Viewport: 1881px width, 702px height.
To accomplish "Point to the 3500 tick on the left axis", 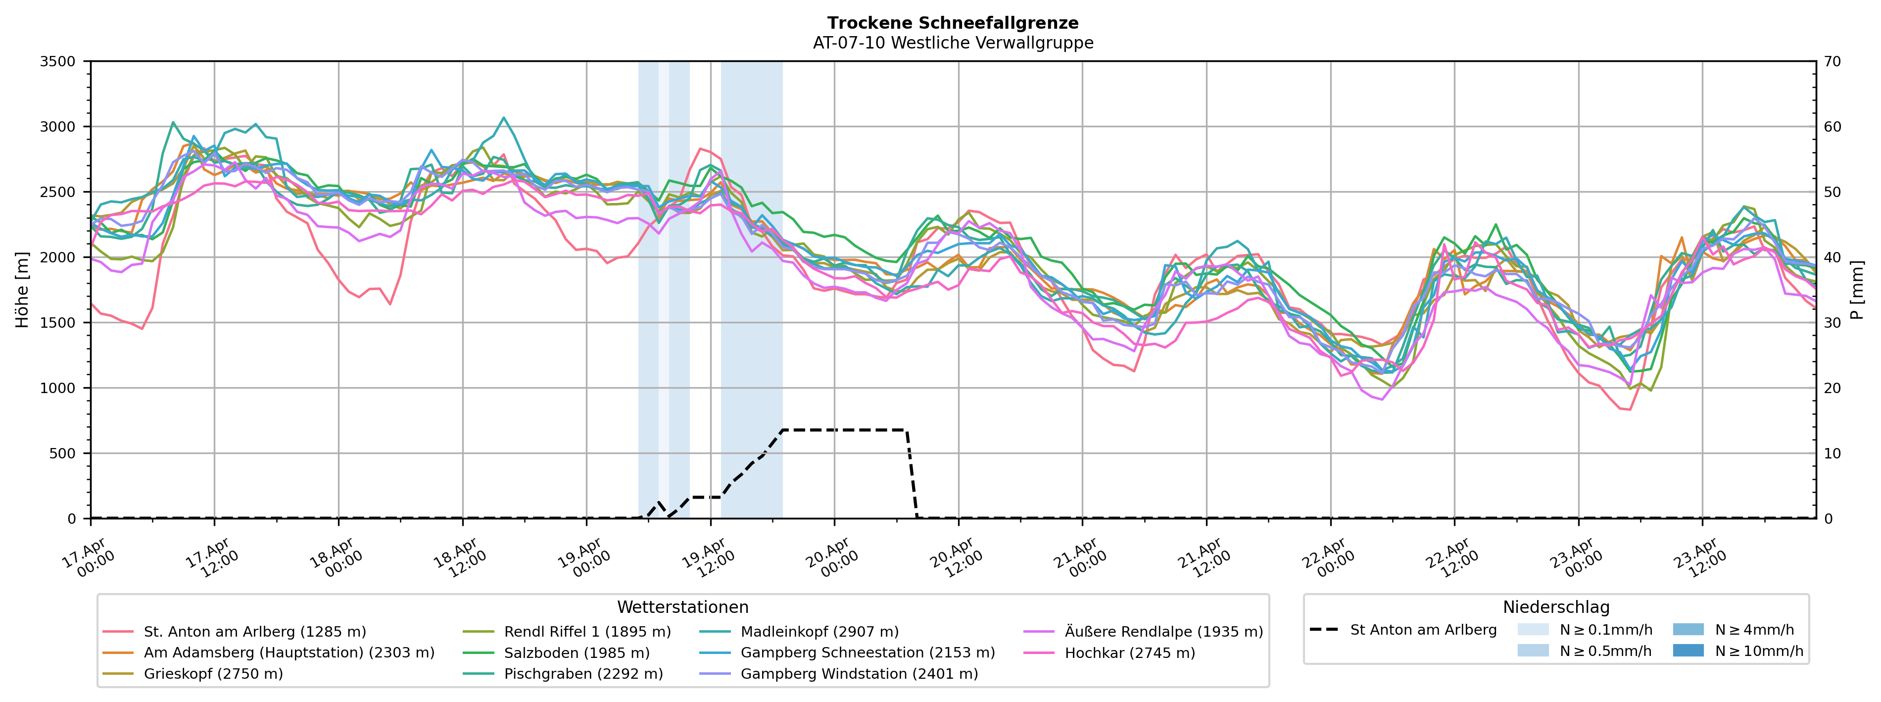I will pos(58,61).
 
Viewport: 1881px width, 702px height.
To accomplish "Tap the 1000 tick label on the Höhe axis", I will pos(58,388).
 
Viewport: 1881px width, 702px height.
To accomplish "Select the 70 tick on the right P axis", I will pos(1833,61).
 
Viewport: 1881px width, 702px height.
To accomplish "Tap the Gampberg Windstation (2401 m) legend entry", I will pos(859,673).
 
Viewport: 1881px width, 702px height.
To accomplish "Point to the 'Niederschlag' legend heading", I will pos(1555,607).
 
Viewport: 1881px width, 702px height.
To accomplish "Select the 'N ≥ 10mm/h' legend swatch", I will pos(1688,650).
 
